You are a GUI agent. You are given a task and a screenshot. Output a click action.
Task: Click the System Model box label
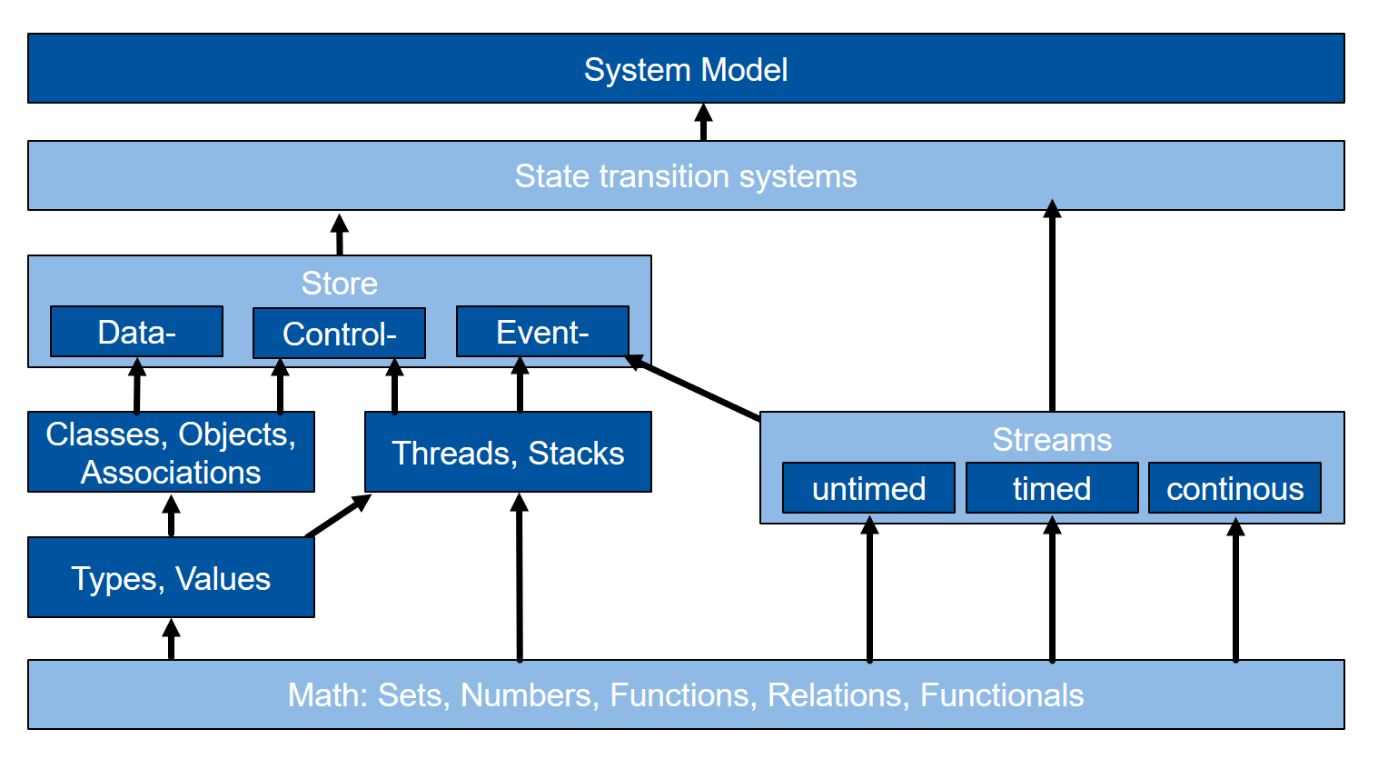click(x=686, y=69)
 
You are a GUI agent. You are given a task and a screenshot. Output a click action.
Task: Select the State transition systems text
click(x=686, y=176)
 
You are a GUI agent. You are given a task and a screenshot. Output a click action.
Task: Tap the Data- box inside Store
click(x=136, y=332)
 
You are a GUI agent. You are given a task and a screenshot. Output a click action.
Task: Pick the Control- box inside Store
click(x=339, y=334)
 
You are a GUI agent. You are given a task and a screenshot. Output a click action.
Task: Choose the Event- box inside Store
click(x=542, y=332)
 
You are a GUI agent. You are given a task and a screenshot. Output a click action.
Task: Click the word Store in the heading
click(x=340, y=284)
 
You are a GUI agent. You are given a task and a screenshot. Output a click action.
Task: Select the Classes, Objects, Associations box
click(x=171, y=452)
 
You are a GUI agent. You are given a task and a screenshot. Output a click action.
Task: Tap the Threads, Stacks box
click(x=508, y=452)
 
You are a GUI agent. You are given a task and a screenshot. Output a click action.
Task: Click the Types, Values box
click(x=171, y=577)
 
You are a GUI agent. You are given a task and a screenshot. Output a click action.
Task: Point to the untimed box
click(x=868, y=488)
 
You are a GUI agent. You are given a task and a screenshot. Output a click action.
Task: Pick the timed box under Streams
click(x=1052, y=488)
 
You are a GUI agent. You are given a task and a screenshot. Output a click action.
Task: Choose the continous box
click(x=1235, y=488)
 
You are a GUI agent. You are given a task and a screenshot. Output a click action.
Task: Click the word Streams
click(x=1052, y=440)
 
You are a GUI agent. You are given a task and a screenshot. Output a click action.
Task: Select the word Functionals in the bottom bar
click(x=1002, y=695)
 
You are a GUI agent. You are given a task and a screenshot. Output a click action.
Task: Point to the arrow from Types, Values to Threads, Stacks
click(x=338, y=515)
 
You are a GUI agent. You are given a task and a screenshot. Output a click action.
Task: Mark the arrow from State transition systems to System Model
click(x=703, y=122)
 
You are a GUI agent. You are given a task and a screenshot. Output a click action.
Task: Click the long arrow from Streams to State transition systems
click(x=1052, y=305)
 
